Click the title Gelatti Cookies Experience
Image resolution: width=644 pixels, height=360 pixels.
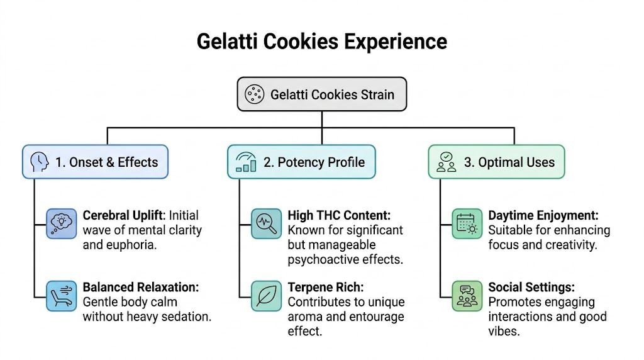tap(321, 42)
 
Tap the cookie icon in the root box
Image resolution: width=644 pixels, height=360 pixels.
tap(254, 95)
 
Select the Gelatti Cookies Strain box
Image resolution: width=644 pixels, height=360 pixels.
tap(321, 95)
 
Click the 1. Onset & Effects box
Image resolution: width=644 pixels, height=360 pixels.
tap(95, 162)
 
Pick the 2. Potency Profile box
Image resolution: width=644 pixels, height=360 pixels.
tap(301, 162)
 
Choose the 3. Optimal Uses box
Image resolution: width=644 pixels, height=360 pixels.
tap(496, 162)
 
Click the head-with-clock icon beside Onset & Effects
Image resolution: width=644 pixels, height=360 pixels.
tap(40, 162)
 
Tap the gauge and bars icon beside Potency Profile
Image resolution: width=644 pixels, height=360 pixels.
tap(245, 162)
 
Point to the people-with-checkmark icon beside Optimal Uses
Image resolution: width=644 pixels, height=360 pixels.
tap(447, 162)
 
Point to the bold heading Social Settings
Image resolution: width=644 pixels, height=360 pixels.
tap(531, 288)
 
